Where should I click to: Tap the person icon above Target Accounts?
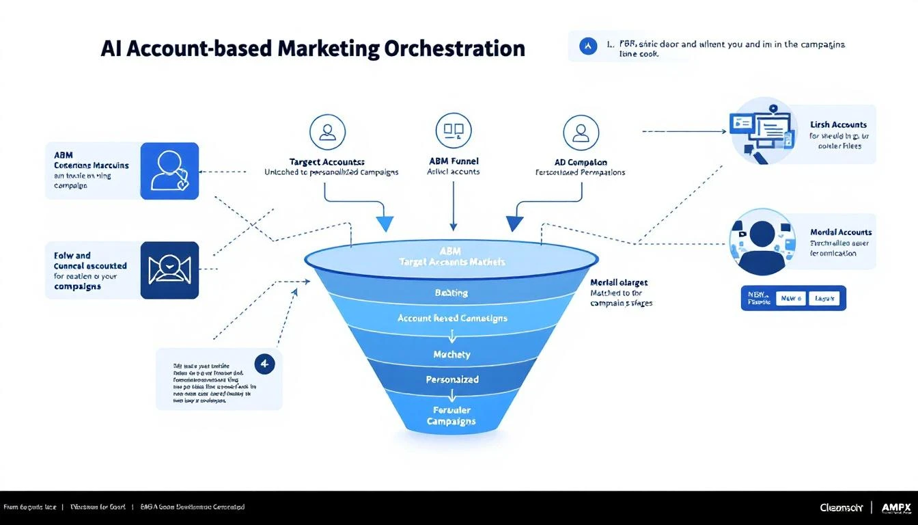click(x=327, y=132)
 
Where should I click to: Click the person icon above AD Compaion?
click(x=581, y=132)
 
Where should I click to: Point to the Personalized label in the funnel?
click(x=452, y=379)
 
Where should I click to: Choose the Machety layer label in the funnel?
click(x=452, y=354)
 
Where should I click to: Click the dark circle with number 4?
click(x=264, y=364)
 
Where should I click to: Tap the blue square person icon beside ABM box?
click(x=169, y=171)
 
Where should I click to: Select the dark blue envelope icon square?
click(x=169, y=270)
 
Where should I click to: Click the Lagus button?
click(x=826, y=299)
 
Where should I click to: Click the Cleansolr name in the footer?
click(x=841, y=507)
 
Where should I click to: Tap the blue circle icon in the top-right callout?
click(x=587, y=46)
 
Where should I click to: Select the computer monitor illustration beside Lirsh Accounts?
click(x=763, y=131)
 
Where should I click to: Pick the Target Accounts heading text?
click(x=326, y=162)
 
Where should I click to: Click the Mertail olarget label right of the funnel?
click(x=619, y=282)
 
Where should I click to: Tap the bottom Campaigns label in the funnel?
click(x=452, y=421)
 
